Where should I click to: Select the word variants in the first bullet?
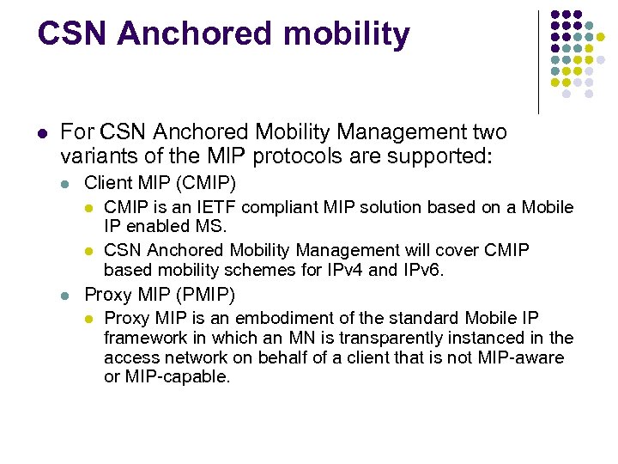(x=95, y=156)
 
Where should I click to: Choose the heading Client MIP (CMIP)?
(x=160, y=183)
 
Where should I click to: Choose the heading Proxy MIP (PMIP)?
(x=160, y=295)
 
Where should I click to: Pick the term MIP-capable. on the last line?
(x=178, y=377)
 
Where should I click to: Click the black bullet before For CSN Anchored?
(x=41, y=133)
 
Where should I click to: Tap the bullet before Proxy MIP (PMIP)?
(x=65, y=296)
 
